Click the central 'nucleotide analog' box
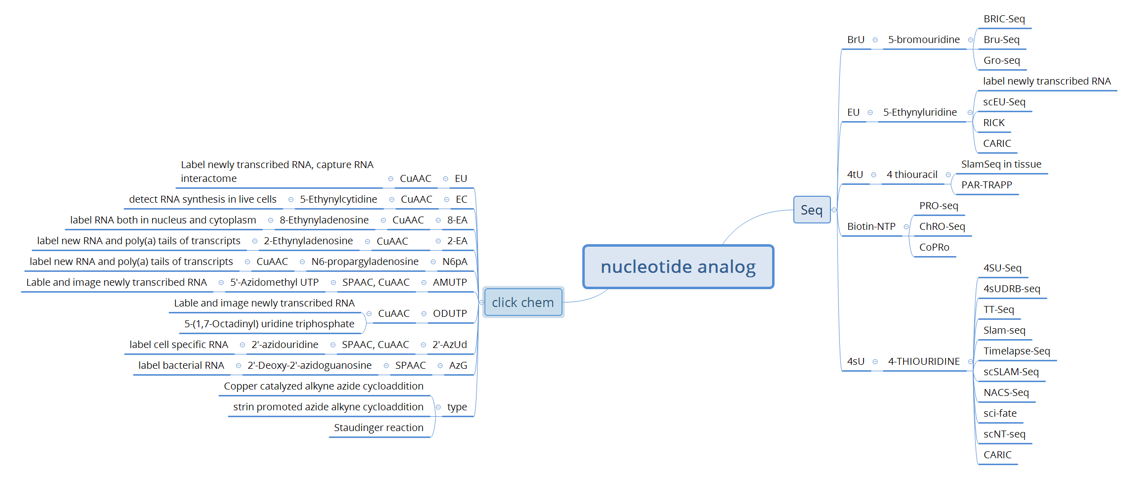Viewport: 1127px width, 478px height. pos(678,267)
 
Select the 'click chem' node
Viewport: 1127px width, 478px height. pos(522,302)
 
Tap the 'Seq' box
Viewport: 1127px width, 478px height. pos(811,210)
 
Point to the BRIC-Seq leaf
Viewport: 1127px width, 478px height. pos(1004,19)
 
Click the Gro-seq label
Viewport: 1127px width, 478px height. pos(1001,60)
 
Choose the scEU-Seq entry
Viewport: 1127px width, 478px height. pos(1004,102)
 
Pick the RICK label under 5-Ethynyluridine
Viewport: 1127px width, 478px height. pos(994,123)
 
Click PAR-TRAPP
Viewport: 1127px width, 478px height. pos(986,185)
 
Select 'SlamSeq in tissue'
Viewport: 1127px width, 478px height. pos(1001,164)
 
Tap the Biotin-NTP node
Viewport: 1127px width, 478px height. pos(871,226)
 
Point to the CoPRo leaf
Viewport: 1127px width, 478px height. pos(934,247)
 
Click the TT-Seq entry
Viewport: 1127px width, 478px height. pos(998,309)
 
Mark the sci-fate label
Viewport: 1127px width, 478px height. pos(999,413)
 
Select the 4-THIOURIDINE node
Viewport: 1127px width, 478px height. pos(923,361)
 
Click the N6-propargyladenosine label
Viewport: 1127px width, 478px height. pos(365,261)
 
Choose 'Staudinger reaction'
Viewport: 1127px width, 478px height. pos(378,428)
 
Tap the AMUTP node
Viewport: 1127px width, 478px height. pos(449,282)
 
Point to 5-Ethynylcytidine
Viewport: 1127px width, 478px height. pos(338,199)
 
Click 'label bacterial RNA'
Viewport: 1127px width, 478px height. pos(181,365)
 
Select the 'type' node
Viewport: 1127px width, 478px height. pos(457,407)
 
